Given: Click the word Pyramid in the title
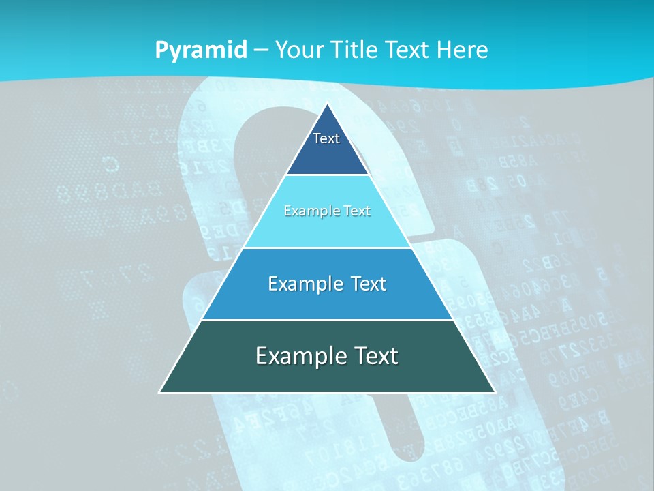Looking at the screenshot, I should (x=201, y=50).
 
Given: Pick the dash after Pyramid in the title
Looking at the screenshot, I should (x=261, y=50).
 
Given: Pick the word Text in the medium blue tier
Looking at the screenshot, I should (x=368, y=284).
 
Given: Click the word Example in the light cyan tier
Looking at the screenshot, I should (x=310, y=211).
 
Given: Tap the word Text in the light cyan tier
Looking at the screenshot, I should (x=357, y=211).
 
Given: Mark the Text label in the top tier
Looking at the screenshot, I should (x=326, y=138).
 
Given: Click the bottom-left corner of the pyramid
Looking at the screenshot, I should (x=160, y=392).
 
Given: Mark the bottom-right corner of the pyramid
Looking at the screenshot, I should (x=494, y=392).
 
